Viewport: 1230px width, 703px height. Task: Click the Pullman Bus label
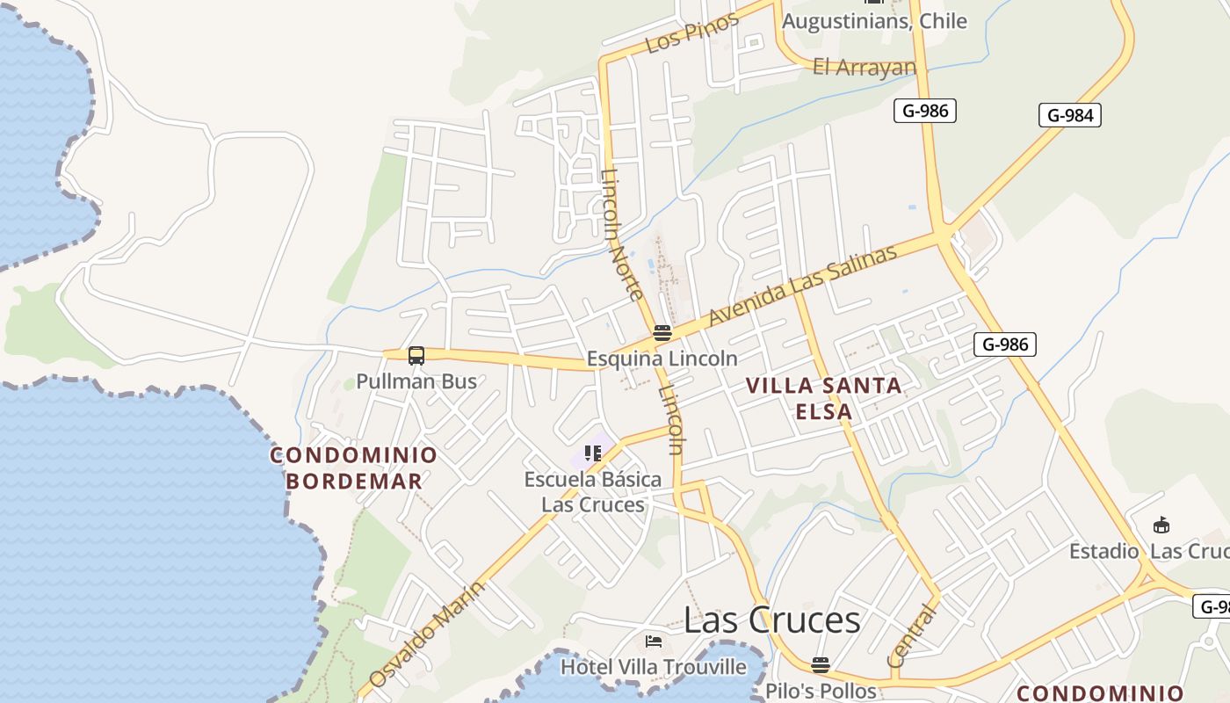tap(416, 381)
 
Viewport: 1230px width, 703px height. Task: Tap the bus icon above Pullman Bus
tap(416, 356)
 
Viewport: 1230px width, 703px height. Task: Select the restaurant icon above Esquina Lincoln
tap(662, 333)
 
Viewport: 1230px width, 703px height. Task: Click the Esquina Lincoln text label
tap(662, 359)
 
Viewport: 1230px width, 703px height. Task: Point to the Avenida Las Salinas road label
tap(803, 285)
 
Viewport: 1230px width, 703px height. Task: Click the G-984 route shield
tap(1069, 115)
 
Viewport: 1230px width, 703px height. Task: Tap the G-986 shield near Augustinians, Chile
tap(924, 111)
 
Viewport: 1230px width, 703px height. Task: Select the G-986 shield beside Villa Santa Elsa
tap(1005, 344)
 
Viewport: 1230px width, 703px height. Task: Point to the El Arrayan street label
tap(864, 67)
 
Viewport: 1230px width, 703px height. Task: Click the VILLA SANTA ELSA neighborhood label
tap(823, 398)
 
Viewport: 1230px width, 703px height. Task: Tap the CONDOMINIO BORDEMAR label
tap(354, 467)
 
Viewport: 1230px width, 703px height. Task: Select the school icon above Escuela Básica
tap(593, 453)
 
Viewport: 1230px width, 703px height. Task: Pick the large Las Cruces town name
tap(771, 620)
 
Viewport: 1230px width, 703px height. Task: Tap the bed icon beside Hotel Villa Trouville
tap(653, 641)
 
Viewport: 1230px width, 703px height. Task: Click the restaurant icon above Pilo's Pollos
tap(821, 664)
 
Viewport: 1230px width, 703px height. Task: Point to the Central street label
tap(911, 635)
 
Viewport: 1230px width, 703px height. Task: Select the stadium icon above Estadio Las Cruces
tap(1161, 525)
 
